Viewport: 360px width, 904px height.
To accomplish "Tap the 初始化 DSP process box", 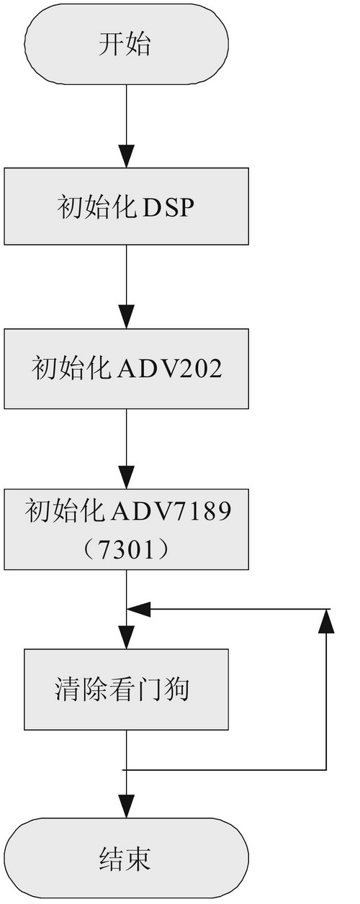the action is tap(126, 207).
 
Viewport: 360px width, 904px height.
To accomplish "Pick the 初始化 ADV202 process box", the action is tap(126, 369).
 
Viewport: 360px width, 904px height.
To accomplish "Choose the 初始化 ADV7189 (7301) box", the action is tap(126, 529).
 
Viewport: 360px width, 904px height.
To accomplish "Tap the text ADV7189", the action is tap(171, 511).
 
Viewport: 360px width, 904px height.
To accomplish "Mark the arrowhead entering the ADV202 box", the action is tap(126, 317).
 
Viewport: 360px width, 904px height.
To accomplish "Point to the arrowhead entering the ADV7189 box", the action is tap(126, 477).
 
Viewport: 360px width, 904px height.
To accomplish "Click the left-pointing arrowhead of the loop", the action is tap(138, 609).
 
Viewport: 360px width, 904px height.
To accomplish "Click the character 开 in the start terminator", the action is tap(112, 44).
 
